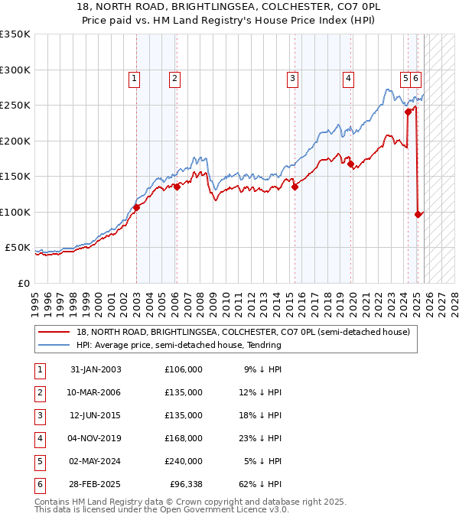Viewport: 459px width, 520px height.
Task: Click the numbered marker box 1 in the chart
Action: [x=134, y=77]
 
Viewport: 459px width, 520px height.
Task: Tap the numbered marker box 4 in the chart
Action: [x=348, y=77]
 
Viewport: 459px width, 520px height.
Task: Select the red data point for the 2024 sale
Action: [x=408, y=112]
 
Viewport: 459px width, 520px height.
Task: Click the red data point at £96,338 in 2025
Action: [x=418, y=215]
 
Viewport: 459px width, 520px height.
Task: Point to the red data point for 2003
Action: [x=137, y=207]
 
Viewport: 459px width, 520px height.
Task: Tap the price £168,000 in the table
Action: [x=184, y=438]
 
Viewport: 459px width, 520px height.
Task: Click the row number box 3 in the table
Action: [x=38, y=415]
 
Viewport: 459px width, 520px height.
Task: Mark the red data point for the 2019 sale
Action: [x=350, y=164]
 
